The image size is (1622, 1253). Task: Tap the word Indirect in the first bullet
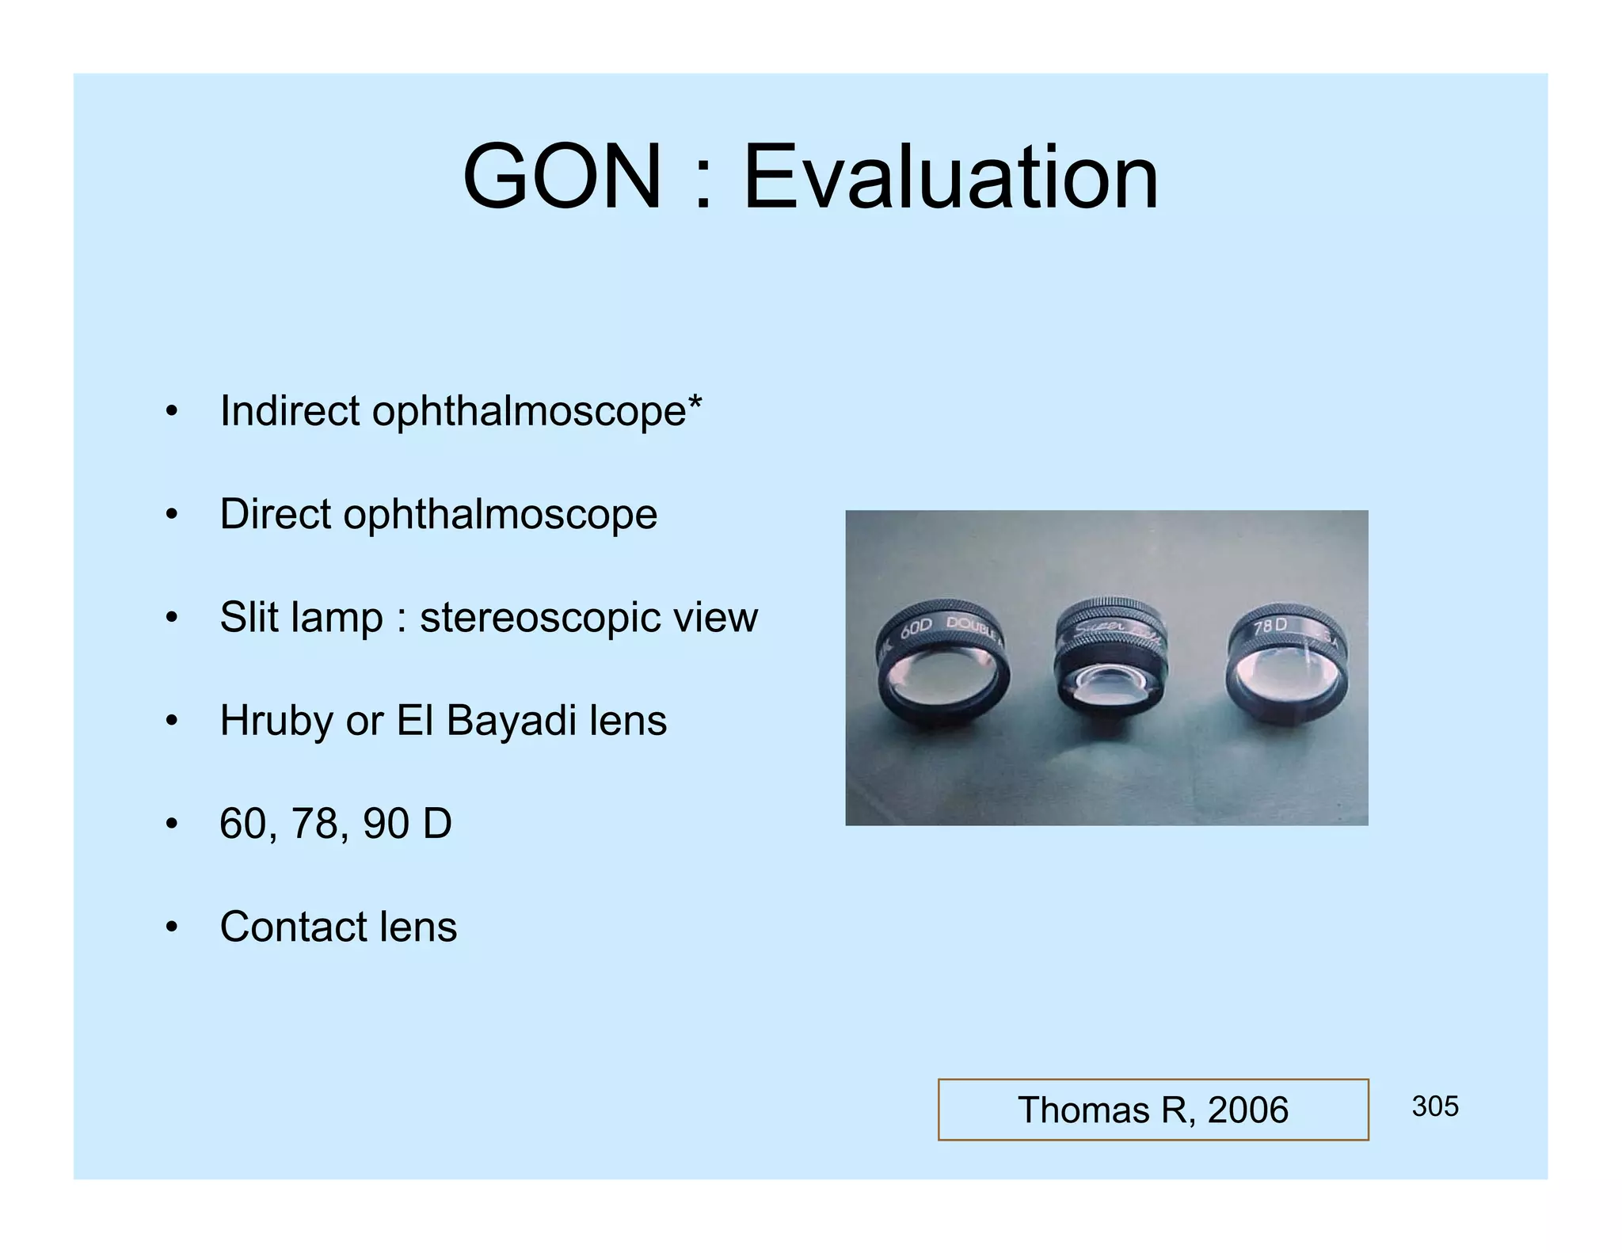point(289,411)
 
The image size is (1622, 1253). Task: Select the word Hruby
point(276,722)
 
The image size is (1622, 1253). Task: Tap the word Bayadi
point(511,722)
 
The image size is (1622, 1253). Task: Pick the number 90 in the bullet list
point(386,824)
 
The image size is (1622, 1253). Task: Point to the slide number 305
point(1434,1106)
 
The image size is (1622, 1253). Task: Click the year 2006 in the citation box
point(1247,1110)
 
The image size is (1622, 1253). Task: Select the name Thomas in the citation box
point(1083,1110)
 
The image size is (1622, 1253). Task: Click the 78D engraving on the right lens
point(1270,626)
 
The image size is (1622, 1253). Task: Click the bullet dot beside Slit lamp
point(172,618)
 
